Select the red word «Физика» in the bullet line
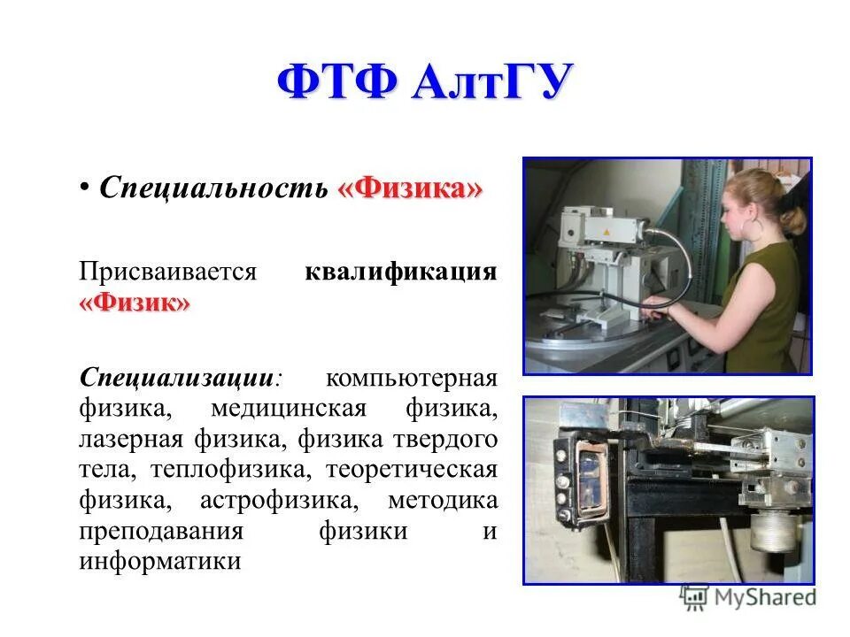pos(409,188)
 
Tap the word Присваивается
pos(167,271)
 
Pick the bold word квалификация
pos(400,271)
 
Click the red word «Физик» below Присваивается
pos(134,303)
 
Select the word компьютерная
pos(411,378)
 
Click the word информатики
pos(159,562)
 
